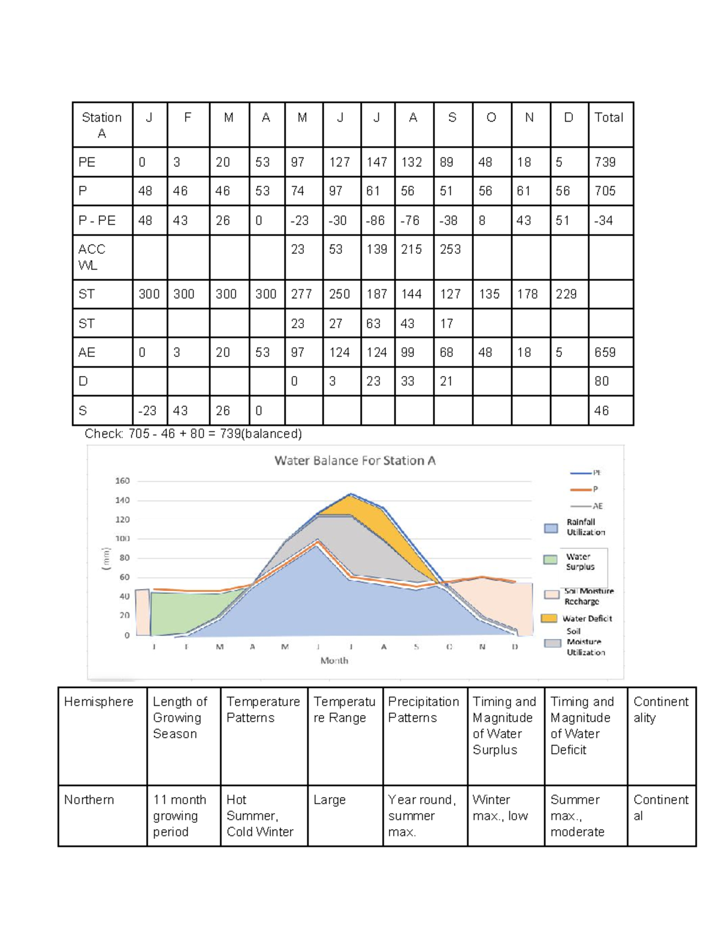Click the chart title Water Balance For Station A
[355, 461]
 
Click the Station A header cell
[102, 125]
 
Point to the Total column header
[609, 117]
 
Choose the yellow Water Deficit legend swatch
[549, 618]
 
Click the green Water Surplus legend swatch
[550, 559]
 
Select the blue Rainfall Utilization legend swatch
[551, 528]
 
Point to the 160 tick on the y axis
[122, 481]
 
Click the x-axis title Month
[334, 661]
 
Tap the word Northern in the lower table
[89, 800]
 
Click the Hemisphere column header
[98, 702]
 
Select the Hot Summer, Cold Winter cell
[260, 816]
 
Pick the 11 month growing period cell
[179, 816]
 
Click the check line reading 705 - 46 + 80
[193, 434]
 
